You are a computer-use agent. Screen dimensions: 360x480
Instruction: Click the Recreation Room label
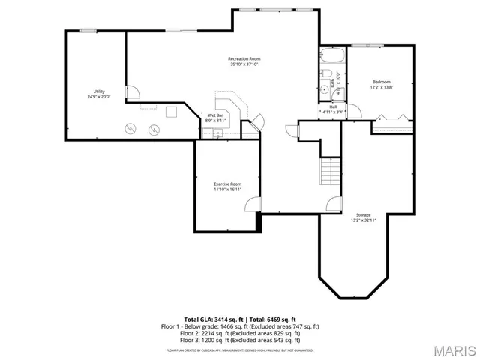pyautogui.click(x=244, y=58)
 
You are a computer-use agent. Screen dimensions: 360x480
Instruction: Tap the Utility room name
pyautogui.click(x=98, y=91)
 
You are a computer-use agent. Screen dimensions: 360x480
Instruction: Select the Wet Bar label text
pyautogui.click(x=216, y=115)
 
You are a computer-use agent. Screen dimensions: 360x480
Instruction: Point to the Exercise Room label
pyautogui.click(x=227, y=184)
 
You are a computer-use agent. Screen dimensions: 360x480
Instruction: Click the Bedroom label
pyautogui.click(x=382, y=82)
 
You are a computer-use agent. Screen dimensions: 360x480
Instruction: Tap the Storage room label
pyautogui.click(x=363, y=215)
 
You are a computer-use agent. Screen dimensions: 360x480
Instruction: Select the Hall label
pyautogui.click(x=332, y=106)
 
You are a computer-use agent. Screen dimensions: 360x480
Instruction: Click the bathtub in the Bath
pyautogui.click(x=330, y=57)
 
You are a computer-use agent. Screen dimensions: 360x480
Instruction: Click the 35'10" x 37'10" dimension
pyautogui.click(x=244, y=64)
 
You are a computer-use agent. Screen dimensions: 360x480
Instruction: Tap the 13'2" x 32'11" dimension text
pyautogui.click(x=363, y=221)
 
